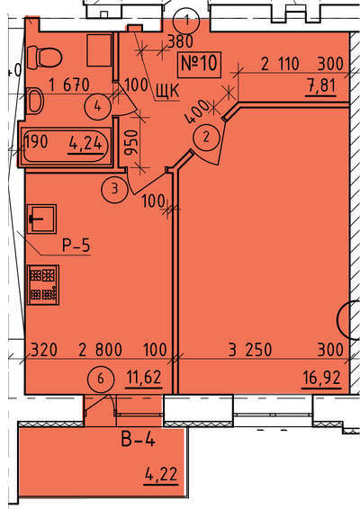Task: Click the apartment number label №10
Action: tap(199, 64)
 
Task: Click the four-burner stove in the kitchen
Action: tap(43, 285)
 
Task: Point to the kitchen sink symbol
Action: tap(41, 219)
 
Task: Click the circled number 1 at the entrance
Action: tap(185, 21)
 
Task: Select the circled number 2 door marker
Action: tap(206, 138)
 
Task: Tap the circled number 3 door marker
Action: tap(114, 189)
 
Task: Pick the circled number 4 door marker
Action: tap(97, 106)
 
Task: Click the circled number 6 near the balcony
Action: tap(101, 379)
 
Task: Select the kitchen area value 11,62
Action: tap(144, 378)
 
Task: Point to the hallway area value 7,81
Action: tap(321, 86)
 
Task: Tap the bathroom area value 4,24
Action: tap(87, 144)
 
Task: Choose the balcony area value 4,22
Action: tap(161, 475)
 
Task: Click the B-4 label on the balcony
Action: tap(138, 440)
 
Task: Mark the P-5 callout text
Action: tap(76, 246)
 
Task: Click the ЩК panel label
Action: tap(167, 91)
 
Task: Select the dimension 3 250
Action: tap(250, 350)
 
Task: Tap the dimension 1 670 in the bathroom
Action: tap(68, 85)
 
